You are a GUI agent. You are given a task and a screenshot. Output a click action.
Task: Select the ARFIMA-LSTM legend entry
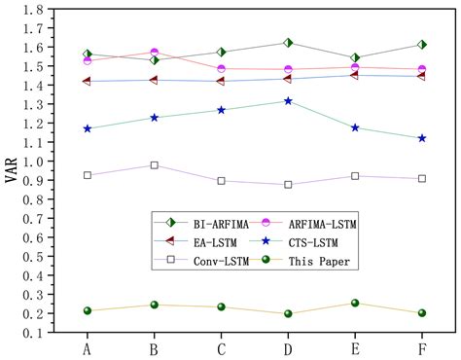(x=307, y=224)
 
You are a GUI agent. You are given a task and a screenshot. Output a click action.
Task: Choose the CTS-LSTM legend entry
(x=303, y=242)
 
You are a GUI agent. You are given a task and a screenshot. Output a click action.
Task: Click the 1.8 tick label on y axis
(x=33, y=11)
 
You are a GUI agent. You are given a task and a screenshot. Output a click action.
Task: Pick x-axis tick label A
(x=88, y=347)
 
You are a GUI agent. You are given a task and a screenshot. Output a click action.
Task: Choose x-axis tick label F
(x=421, y=347)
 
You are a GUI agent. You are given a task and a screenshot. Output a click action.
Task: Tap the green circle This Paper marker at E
(x=355, y=304)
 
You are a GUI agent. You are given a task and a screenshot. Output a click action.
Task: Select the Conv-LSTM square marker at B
(x=154, y=165)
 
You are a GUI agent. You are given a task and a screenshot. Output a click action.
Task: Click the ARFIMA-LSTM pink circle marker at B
(x=154, y=53)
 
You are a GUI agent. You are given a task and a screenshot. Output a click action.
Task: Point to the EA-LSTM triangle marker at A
(x=88, y=81)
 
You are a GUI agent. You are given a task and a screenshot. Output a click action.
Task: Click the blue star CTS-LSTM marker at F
(x=421, y=138)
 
